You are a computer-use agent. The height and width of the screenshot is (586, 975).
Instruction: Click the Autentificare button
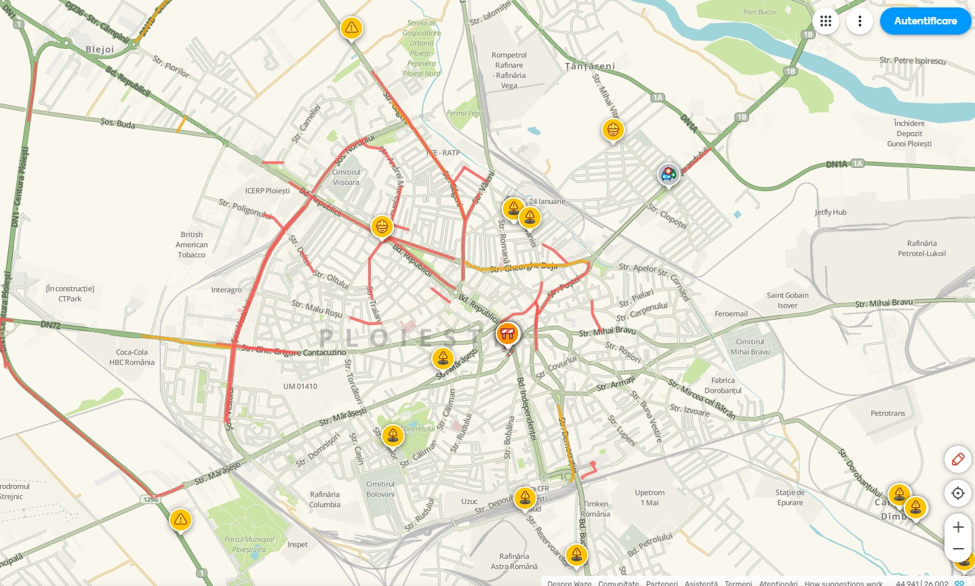coord(925,21)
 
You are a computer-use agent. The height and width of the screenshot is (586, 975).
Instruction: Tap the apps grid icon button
coord(825,21)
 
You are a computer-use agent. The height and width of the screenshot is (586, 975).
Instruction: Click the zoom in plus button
coord(957,527)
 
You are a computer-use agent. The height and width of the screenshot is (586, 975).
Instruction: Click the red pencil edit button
coord(957,459)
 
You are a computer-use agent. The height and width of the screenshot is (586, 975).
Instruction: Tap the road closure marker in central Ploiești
coord(507,333)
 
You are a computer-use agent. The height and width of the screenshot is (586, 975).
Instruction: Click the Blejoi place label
coord(100,49)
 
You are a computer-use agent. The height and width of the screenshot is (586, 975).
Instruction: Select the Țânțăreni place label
coord(590,66)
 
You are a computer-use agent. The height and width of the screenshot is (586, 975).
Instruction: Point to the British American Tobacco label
coord(192,245)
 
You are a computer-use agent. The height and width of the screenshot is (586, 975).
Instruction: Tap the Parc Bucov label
coord(759,12)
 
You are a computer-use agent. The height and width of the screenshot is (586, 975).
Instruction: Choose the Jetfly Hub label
coord(830,212)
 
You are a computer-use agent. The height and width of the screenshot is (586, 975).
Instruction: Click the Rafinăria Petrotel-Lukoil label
coord(921,249)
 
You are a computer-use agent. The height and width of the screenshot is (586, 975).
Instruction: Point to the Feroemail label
coord(731,314)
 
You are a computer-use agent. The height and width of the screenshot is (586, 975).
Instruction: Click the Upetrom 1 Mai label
coord(650,497)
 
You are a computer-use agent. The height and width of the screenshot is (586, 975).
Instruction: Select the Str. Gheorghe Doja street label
coord(523,268)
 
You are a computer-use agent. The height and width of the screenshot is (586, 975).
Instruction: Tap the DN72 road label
coord(50,325)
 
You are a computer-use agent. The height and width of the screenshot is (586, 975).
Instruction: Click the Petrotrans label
coord(888,413)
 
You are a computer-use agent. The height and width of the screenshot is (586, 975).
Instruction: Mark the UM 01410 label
coord(300,386)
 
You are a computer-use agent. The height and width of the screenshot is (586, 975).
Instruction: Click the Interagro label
coord(226,290)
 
